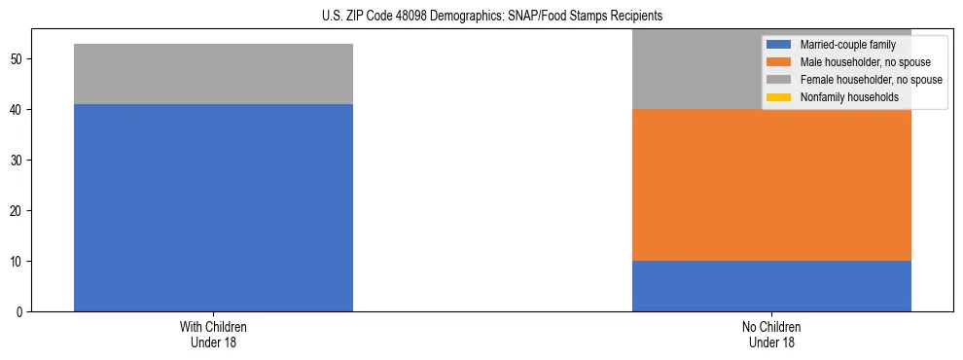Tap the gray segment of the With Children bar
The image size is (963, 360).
[213, 74]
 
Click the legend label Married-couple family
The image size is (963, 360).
[848, 45]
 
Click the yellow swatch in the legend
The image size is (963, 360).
[779, 97]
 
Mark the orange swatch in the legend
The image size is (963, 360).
[779, 62]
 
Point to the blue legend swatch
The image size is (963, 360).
[779, 45]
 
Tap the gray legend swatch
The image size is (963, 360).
[779, 80]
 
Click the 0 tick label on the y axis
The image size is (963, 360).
[20, 312]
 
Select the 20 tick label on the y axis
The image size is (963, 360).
[18, 211]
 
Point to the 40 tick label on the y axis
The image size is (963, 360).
[18, 110]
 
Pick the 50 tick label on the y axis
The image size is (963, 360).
[18, 59]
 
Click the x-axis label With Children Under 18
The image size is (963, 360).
[213, 335]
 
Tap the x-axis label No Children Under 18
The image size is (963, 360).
[771, 335]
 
